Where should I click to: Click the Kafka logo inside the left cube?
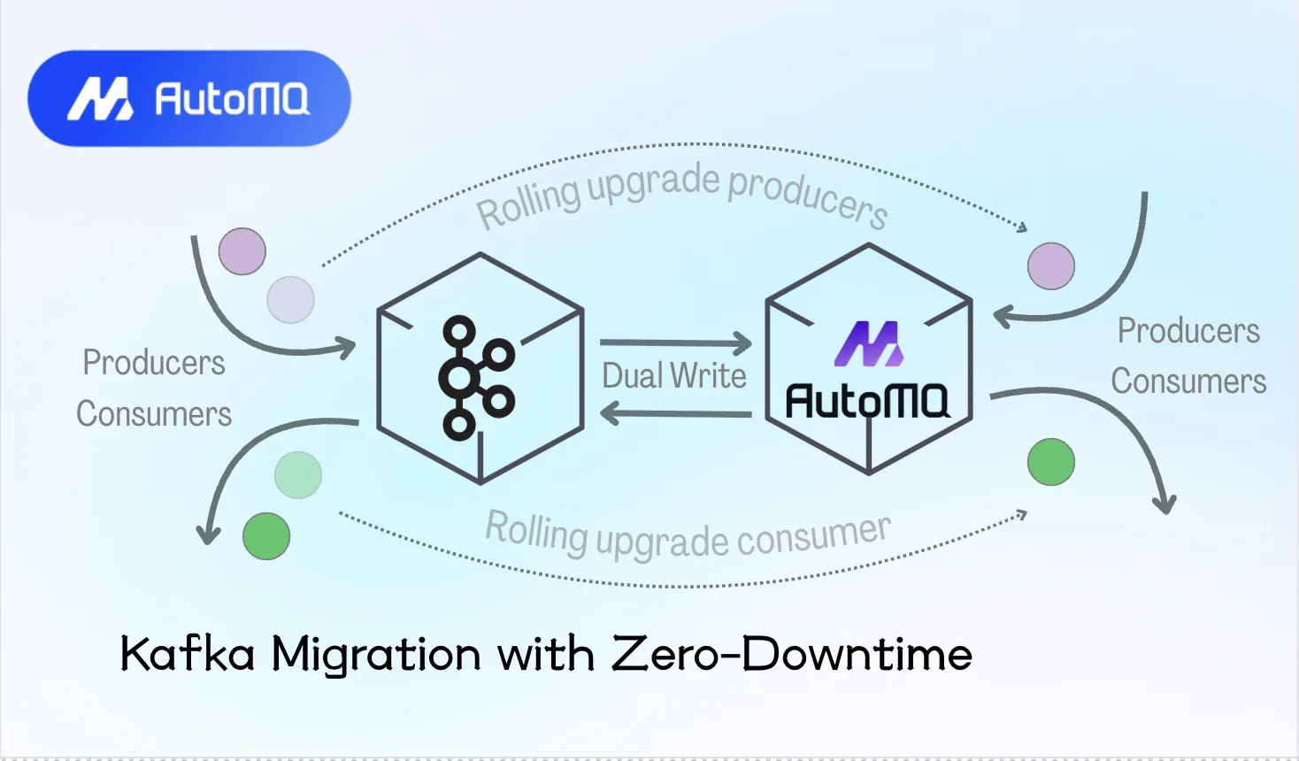(476, 378)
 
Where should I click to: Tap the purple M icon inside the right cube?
(868, 344)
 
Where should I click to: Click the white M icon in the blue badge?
(101, 98)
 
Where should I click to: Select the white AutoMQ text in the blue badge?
(232, 99)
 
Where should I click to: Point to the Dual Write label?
(674, 376)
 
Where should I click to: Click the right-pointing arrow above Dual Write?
(675, 342)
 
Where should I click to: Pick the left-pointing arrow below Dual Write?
(675, 413)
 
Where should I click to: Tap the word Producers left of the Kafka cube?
(154, 363)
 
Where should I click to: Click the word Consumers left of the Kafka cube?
(154, 414)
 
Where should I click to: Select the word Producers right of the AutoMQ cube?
(1188, 331)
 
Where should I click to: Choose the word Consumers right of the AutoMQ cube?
(1188, 381)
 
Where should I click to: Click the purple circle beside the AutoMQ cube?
(1051, 265)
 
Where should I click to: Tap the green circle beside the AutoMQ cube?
(1051, 462)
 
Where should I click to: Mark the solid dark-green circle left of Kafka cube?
(266, 536)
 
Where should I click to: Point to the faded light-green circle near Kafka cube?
(298, 475)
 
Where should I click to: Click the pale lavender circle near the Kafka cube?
(290, 299)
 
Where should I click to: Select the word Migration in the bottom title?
(376, 655)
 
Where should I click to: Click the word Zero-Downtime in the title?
(792, 655)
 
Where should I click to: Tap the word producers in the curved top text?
(807, 196)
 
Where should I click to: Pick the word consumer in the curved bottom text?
(813, 534)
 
